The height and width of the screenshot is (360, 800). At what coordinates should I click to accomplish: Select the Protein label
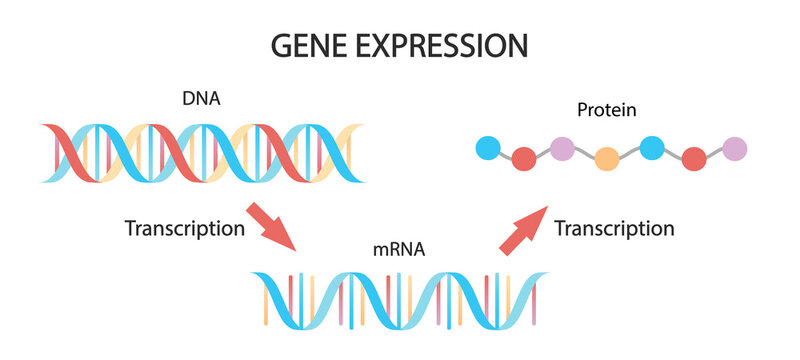pyautogui.click(x=608, y=108)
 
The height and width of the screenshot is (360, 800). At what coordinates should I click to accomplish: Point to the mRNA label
pyautogui.click(x=401, y=250)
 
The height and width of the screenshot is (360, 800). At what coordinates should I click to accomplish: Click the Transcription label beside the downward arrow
pyautogui.click(x=184, y=228)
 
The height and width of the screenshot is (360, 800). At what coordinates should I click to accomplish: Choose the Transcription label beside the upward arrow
pyautogui.click(x=614, y=228)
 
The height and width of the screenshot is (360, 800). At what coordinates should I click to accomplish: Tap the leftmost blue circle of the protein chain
pyautogui.click(x=488, y=149)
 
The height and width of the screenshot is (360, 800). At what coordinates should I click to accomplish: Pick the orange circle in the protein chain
pyautogui.click(x=606, y=158)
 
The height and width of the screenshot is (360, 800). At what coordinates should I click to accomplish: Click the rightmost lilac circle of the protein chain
pyautogui.click(x=735, y=149)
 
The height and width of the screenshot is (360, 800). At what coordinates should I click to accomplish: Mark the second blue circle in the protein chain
pyautogui.click(x=652, y=149)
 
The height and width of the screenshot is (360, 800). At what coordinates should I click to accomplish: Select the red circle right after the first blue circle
pyautogui.click(x=523, y=158)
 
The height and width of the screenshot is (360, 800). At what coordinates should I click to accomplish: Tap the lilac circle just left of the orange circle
pyautogui.click(x=562, y=149)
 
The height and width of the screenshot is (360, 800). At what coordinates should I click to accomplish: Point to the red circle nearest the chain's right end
pyautogui.click(x=693, y=158)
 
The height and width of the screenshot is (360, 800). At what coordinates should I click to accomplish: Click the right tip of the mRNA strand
pyautogui.click(x=548, y=276)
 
